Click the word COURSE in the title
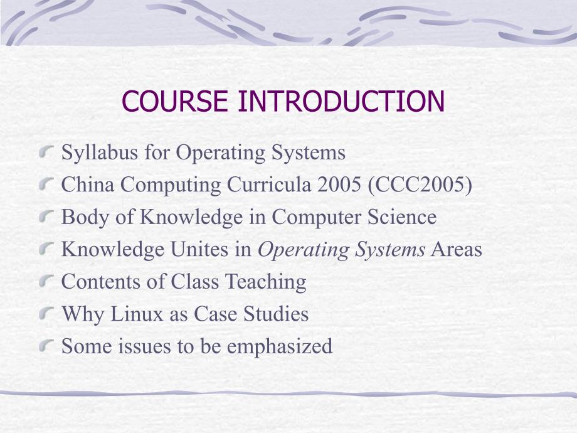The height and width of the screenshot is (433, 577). (175, 101)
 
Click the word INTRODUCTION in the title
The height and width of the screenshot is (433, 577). (341, 101)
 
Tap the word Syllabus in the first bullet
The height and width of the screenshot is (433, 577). (99, 152)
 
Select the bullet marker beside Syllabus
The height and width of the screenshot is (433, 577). (47, 151)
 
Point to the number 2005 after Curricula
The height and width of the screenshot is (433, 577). (339, 184)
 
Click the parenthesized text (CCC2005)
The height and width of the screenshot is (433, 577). (420, 184)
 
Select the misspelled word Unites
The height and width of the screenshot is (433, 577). (199, 249)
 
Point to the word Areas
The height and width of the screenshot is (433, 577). (457, 249)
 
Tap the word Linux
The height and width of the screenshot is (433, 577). (137, 314)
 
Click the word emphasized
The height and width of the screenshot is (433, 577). (279, 347)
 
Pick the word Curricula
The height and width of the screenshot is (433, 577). (269, 184)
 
